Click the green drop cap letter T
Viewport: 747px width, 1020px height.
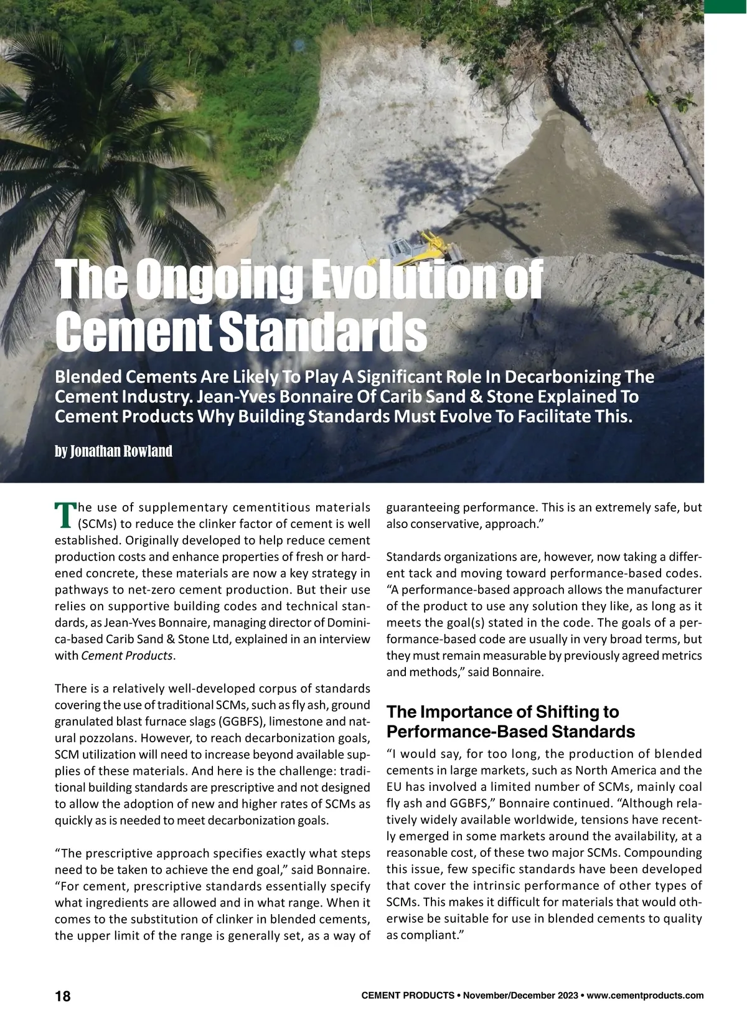coord(64,512)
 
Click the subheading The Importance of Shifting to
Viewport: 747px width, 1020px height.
coord(503,712)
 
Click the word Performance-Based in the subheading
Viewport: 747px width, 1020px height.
coord(469,731)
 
